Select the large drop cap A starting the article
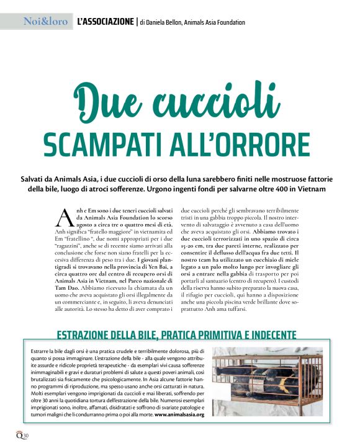[66, 217]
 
